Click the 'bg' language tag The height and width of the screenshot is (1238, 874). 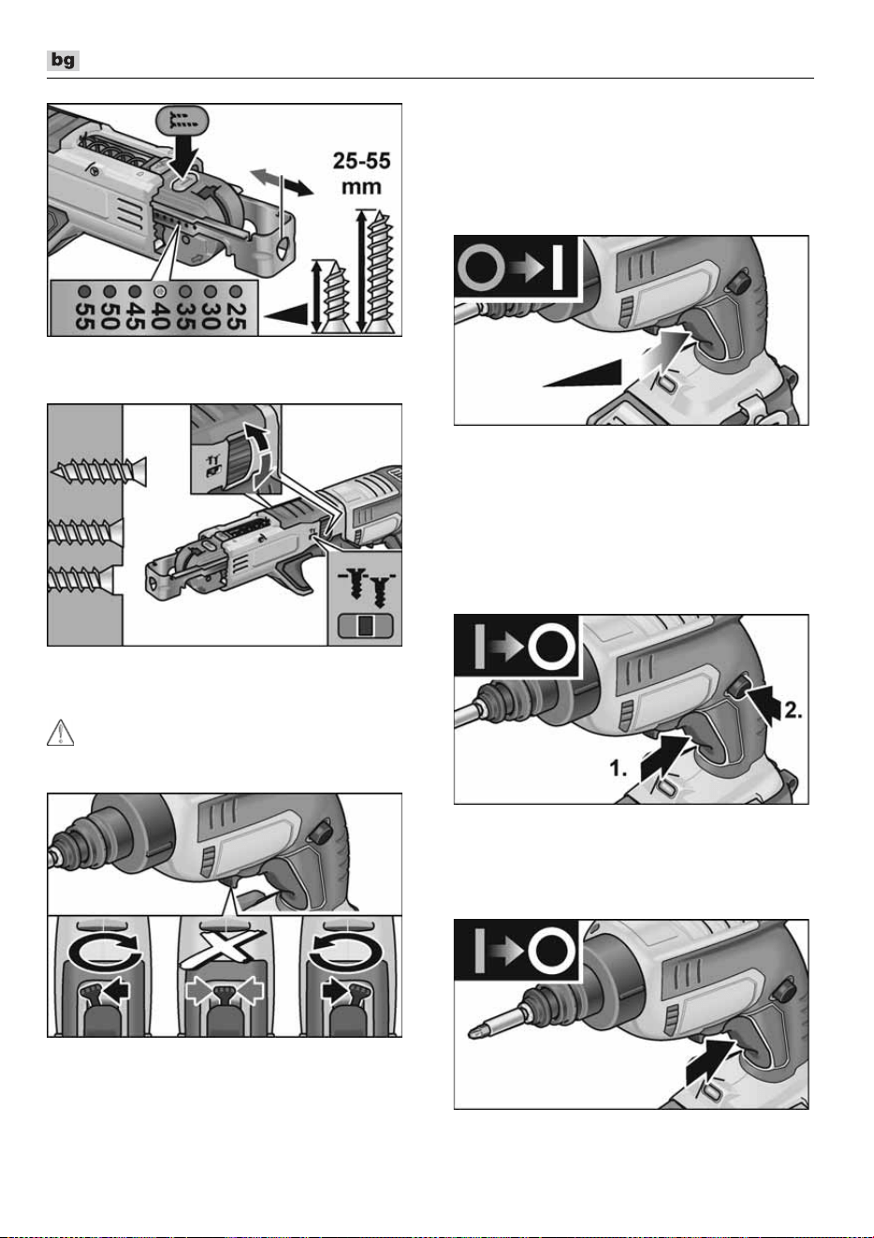(63, 60)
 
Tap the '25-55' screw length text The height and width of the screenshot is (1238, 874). (361, 161)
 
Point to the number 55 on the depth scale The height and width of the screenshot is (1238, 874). (83, 316)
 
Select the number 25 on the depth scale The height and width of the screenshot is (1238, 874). (236, 316)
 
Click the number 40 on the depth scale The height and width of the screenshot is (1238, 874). (160, 316)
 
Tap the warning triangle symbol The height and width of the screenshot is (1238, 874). (60, 733)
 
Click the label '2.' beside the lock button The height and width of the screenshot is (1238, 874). (794, 711)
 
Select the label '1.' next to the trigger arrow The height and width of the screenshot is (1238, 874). (618, 767)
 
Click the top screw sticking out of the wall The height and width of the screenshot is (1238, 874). (98, 472)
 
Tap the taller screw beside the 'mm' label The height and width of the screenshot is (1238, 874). (380, 271)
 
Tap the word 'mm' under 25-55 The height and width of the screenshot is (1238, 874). (361, 186)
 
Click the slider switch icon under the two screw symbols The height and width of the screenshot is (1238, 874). (365, 626)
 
